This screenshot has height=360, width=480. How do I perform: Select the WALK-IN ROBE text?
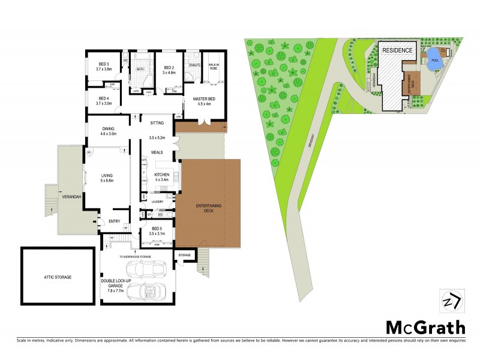coord(213,67)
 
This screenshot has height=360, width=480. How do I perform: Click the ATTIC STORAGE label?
coord(58,277)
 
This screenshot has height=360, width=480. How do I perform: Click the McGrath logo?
coord(424,327)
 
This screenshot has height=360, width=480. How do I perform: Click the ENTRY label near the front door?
coord(114,221)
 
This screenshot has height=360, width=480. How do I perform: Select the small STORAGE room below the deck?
coord(185,256)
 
